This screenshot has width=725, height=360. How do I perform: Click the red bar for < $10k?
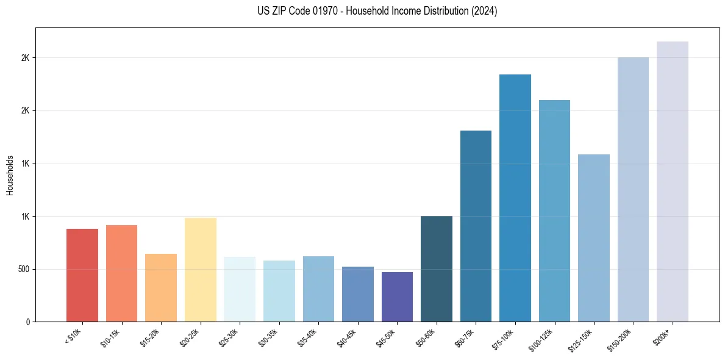(82, 275)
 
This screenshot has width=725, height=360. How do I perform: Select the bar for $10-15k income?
(121, 273)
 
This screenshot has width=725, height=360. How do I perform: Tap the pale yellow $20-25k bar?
(201, 270)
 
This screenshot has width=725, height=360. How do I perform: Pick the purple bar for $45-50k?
(397, 297)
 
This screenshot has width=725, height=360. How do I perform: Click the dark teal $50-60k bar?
(437, 269)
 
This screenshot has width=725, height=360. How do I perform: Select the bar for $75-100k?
(515, 198)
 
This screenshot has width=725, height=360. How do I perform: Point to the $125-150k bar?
(594, 238)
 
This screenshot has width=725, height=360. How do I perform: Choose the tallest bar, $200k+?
(673, 182)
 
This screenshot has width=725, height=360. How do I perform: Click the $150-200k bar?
(633, 190)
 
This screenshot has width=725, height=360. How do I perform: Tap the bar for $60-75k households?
(476, 226)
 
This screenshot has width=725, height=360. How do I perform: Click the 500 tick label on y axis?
(23, 269)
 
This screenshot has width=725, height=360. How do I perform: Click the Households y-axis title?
(10, 175)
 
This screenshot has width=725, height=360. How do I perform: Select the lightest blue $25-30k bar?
(240, 289)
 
